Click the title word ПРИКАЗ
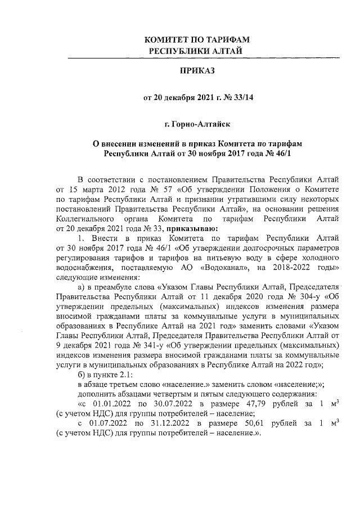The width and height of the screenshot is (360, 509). [x=197, y=71]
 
